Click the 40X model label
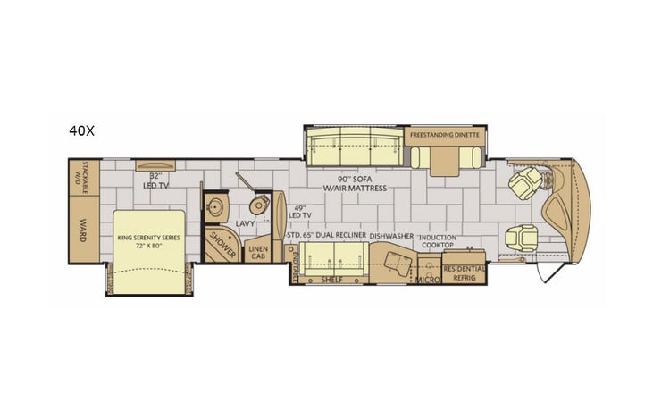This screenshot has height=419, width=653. coord(81,130)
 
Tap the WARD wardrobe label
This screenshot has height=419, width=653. coord(82,224)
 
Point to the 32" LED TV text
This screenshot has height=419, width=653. coord(156,180)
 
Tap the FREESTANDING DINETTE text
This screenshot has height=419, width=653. coord(446,134)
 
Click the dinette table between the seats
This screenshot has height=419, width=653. coord(444,159)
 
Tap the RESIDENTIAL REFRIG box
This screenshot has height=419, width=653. coord(465,272)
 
